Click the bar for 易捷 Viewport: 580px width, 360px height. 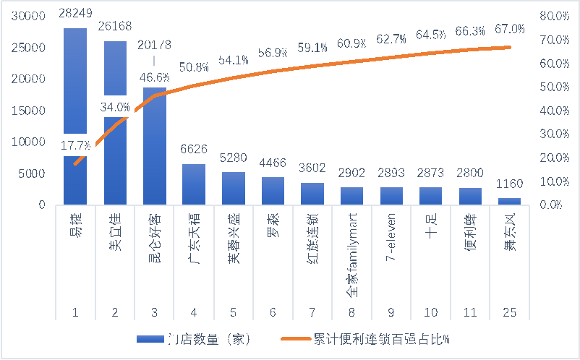(75, 116)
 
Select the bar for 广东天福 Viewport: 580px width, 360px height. (193, 184)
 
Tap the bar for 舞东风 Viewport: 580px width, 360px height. (509, 201)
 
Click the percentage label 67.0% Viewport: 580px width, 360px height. (509, 29)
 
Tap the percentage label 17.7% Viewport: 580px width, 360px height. (74, 146)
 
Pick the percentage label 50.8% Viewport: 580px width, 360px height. (195, 67)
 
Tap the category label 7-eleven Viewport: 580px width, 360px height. (391, 243)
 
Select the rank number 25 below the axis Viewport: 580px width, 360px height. (509, 312)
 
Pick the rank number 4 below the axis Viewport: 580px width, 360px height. (193, 312)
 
